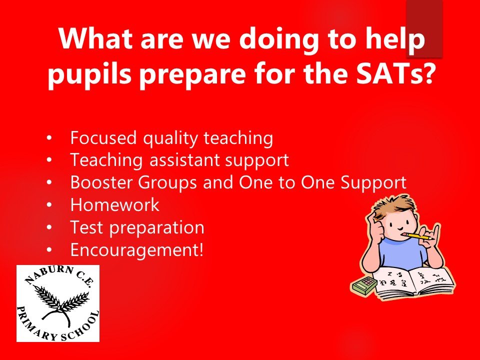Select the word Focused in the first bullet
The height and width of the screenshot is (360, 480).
pos(103,138)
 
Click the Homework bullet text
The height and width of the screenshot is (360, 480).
pos(115,204)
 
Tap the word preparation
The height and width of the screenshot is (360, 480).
pos(156,228)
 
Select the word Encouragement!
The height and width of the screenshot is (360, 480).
pos(137,250)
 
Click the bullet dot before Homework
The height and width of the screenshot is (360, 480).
pos(49,204)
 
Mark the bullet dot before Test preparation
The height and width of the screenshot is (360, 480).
pos(49,227)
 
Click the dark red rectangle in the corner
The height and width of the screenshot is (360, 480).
pos(424,29)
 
